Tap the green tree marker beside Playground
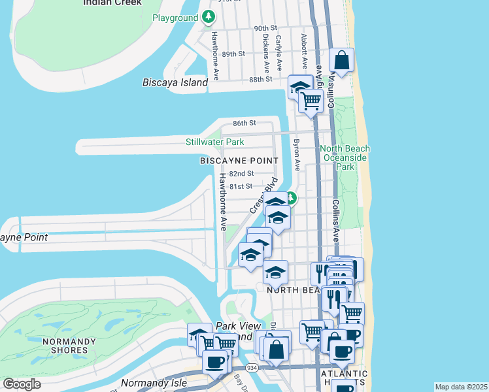[x=208, y=16]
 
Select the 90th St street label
[x=265, y=29]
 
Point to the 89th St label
[x=233, y=54]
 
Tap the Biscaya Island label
[x=175, y=82]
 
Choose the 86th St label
[x=244, y=123]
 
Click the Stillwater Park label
[x=214, y=141]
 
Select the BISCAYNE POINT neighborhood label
[x=239, y=160]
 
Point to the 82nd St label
[x=242, y=174]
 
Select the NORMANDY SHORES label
[x=65, y=346]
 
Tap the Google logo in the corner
[x=22, y=384]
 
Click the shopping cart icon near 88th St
[x=311, y=100]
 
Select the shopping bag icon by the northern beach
[x=341, y=60]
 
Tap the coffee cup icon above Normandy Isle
[x=214, y=361]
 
